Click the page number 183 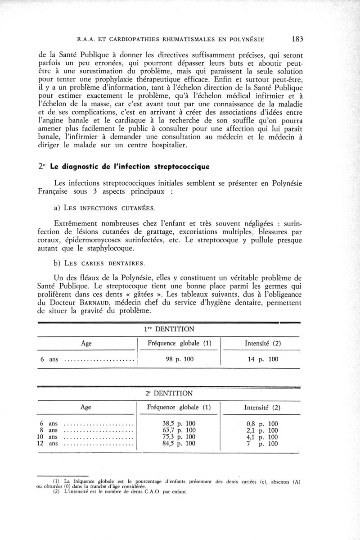pos(297,38)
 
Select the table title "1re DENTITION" pos(169,330)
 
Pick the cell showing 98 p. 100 pos(179,359)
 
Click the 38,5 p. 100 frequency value pos(179,423)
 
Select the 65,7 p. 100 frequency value pos(179,430)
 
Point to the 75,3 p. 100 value pos(179,437)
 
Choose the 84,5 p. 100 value pos(179,444)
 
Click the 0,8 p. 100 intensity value pos(262,423)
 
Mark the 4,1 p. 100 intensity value pos(262,437)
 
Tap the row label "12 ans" pos(48,444)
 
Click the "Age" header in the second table pos(86,408)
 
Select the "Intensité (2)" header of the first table pos(262,343)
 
